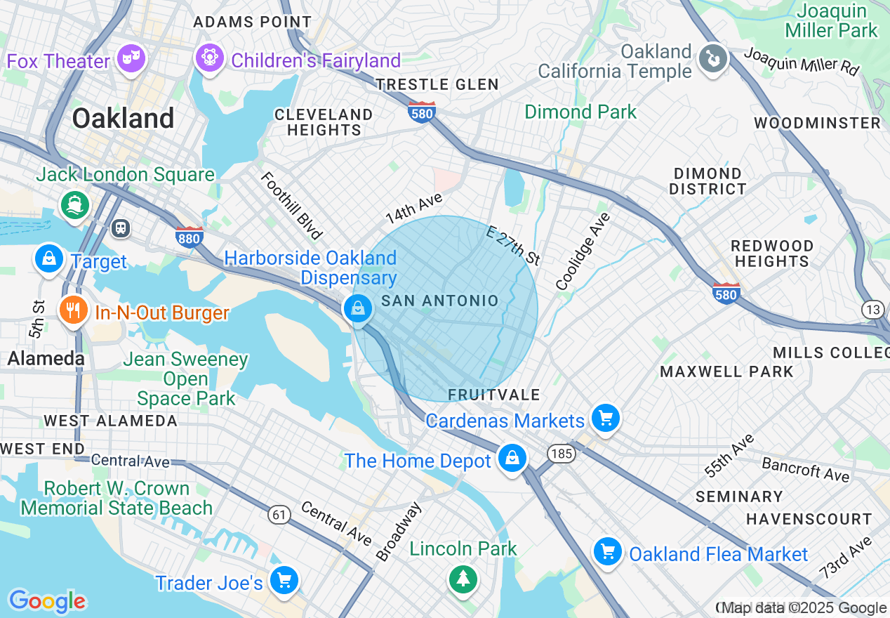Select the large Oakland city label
click(123, 118)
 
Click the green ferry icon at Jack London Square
click(75, 205)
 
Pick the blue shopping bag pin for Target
click(48, 259)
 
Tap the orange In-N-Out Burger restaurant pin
click(73, 310)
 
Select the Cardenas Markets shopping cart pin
click(605, 419)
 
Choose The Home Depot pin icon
click(512, 459)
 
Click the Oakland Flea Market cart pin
click(608, 553)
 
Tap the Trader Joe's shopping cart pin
click(284, 581)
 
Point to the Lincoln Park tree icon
click(463, 579)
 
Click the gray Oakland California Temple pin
click(713, 59)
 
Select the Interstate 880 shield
click(190, 237)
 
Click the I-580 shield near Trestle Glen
click(421, 112)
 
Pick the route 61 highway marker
click(279, 515)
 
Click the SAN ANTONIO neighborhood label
click(439, 301)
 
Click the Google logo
click(47, 601)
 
